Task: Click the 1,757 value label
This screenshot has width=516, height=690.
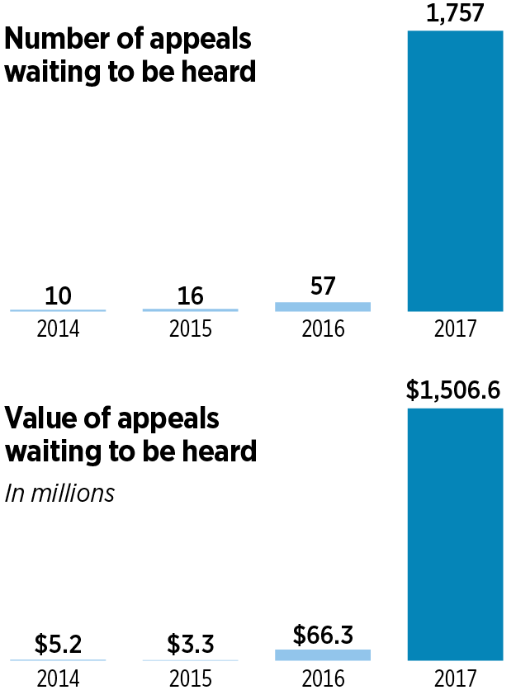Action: [x=455, y=13]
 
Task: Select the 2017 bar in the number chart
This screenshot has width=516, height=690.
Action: [x=455, y=171]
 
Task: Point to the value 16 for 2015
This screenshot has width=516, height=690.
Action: [x=190, y=295]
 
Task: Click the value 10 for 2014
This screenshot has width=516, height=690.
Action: [x=58, y=295]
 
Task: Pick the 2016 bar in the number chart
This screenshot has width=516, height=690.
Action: [x=323, y=306]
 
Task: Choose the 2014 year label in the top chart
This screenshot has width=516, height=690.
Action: [x=58, y=329]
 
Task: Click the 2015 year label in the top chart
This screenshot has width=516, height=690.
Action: [x=190, y=329]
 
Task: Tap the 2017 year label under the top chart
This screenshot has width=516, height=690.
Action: [x=455, y=329]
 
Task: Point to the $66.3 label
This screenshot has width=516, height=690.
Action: [x=323, y=635]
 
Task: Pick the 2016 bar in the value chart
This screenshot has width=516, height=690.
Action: [x=323, y=655]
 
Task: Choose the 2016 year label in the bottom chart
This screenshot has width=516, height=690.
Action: [x=323, y=678]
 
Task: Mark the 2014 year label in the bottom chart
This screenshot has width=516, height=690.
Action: [x=58, y=678]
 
